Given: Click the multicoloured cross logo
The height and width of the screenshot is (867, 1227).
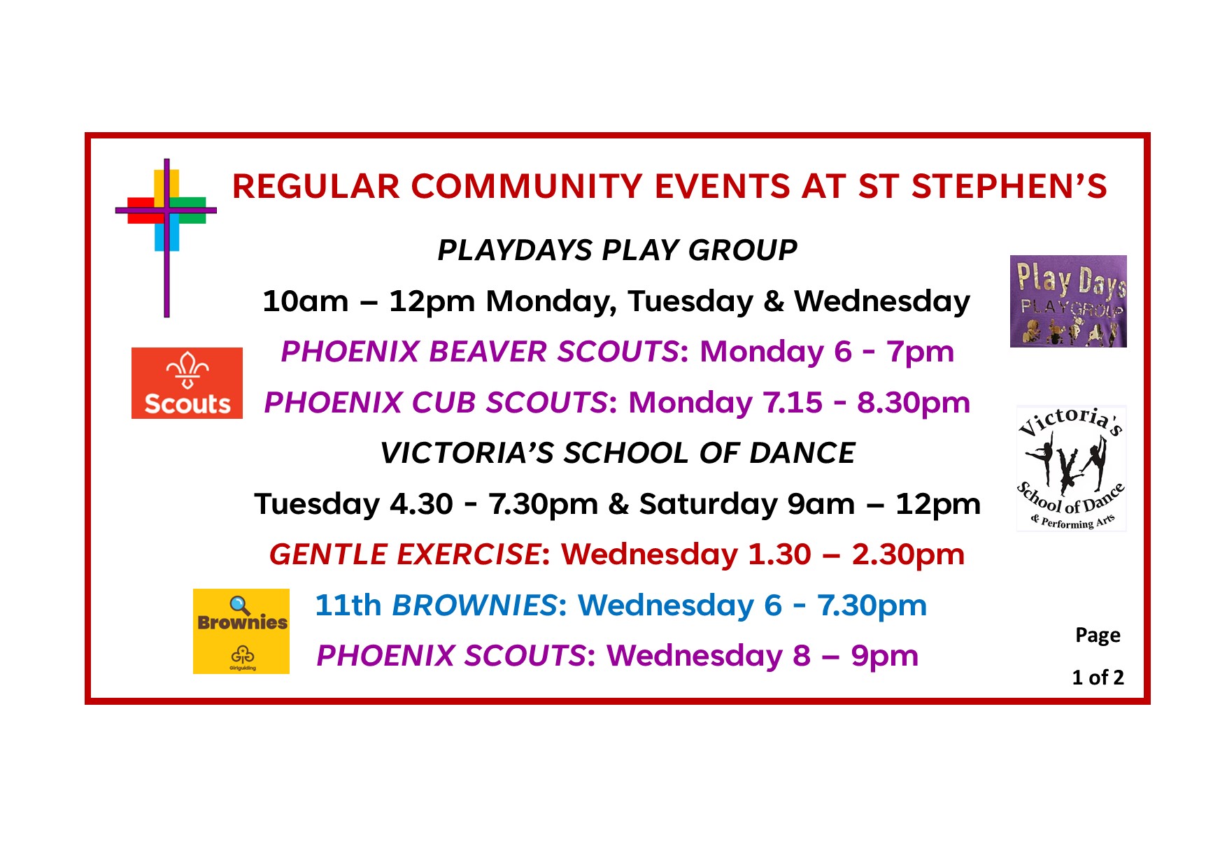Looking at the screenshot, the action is (166, 210).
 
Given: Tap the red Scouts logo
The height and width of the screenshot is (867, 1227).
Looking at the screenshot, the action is (187, 383).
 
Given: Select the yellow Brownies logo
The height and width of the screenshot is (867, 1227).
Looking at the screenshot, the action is (241, 631).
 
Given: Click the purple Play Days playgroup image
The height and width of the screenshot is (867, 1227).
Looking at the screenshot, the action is (1068, 301).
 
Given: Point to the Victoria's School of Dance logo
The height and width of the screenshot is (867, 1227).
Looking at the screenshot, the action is (1071, 468).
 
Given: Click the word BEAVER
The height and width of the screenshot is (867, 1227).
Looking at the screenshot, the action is (489, 352).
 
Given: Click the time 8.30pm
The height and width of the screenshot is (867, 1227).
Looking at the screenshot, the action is (914, 403).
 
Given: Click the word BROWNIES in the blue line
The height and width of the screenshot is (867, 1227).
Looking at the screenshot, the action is (475, 606).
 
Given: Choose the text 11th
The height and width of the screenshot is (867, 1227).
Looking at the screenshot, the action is (348, 606).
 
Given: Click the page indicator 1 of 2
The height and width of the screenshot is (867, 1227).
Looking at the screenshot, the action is (1098, 678).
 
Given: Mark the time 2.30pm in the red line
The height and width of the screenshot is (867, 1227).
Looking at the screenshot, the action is (908, 555).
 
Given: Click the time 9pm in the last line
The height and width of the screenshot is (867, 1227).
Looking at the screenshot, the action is (884, 657).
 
